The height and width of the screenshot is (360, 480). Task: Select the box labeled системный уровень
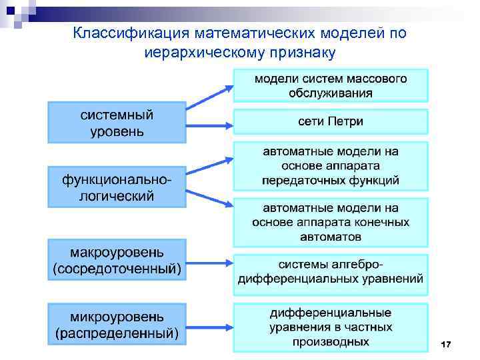[x=117, y=122]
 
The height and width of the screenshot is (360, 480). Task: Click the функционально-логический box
[x=117, y=187]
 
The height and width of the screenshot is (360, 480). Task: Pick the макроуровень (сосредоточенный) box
[x=117, y=260]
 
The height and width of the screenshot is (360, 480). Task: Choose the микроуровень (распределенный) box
[x=117, y=323]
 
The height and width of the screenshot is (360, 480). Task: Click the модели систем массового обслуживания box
[x=331, y=85]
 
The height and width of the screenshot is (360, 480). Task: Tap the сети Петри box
[x=331, y=122]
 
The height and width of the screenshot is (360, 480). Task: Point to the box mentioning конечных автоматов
[x=331, y=221]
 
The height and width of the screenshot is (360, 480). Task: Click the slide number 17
[x=446, y=344]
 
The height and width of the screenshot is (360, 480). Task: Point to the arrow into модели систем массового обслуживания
[x=209, y=96]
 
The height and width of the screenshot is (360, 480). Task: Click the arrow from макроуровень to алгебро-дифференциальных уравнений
[x=209, y=260]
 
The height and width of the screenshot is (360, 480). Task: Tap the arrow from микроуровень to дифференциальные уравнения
[x=209, y=323]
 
